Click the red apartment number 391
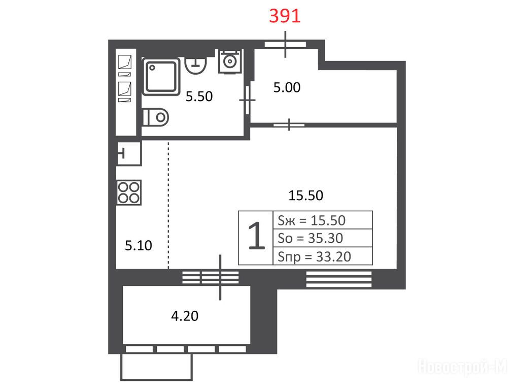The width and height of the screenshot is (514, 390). pyautogui.click(x=285, y=16)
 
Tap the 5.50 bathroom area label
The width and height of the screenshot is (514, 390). pyautogui.click(x=199, y=96)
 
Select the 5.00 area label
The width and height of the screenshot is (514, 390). pyautogui.click(x=287, y=87)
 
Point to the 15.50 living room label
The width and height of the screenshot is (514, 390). pyautogui.click(x=305, y=196)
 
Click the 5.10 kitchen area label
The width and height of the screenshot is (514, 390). pyautogui.click(x=139, y=246)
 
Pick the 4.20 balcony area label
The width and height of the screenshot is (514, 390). pyautogui.click(x=185, y=316)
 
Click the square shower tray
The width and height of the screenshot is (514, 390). pyautogui.click(x=161, y=76)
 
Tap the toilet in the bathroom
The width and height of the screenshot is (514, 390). pyautogui.click(x=156, y=117)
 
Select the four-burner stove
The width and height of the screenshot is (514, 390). pyautogui.click(x=129, y=192)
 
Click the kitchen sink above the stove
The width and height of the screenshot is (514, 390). pyautogui.click(x=129, y=153)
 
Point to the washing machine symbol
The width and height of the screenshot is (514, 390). pyautogui.click(x=230, y=61)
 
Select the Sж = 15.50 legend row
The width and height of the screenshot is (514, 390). pyautogui.click(x=323, y=220)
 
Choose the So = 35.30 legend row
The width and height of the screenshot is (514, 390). pyautogui.click(x=323, y=238)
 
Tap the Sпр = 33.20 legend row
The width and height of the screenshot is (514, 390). pyautogui.click(x=323, y=256)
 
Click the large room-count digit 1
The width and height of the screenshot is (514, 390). pyautogui.click(x=256, y=236)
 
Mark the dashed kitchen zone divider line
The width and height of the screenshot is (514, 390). pyautogui.click(x=168, y=205)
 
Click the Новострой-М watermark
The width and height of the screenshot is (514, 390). pyautogui.click(x=462, y=366)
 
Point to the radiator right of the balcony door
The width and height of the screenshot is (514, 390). pyautogui.click(x=339, y=279)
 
